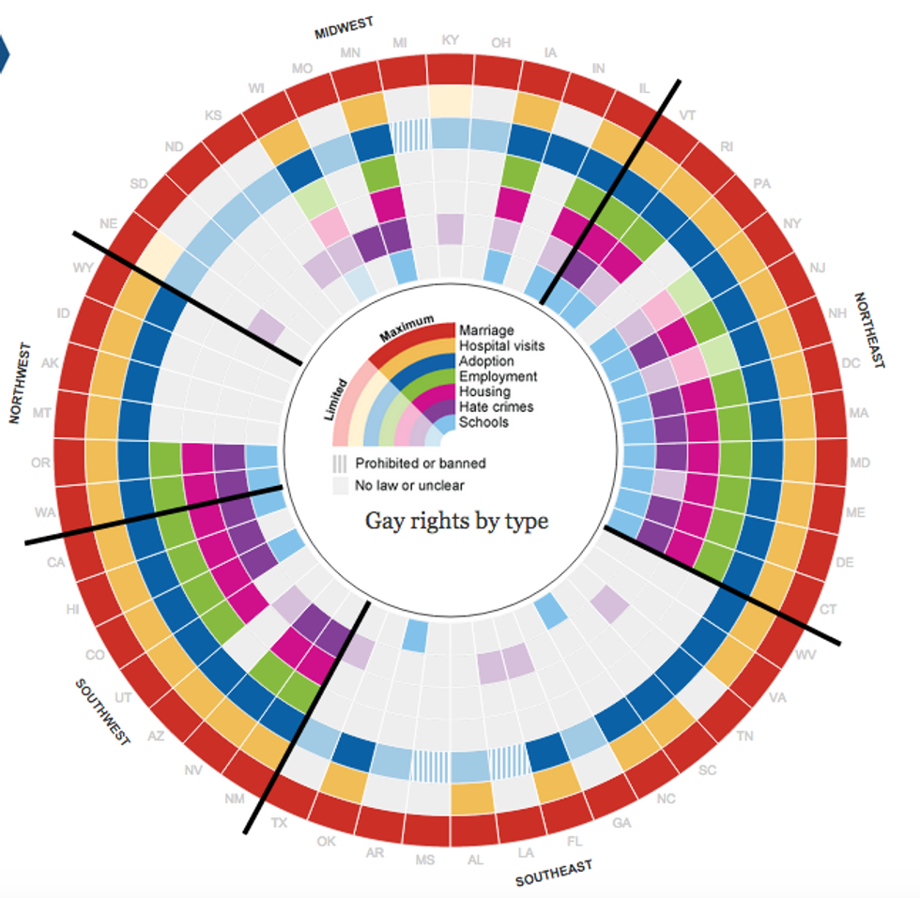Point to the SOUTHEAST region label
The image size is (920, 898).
point(554,874)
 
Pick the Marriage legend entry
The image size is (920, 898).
point(485,330)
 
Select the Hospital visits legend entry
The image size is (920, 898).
point(501,346)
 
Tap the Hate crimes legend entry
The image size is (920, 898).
point(496,406)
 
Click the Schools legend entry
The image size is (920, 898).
point(483,422)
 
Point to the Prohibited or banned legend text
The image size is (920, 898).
point(419,463)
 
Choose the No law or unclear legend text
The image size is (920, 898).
point(410,485)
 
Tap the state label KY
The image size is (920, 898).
point(451,40)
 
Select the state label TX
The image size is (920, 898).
point(278,823)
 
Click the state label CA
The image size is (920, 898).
point(54,563)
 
